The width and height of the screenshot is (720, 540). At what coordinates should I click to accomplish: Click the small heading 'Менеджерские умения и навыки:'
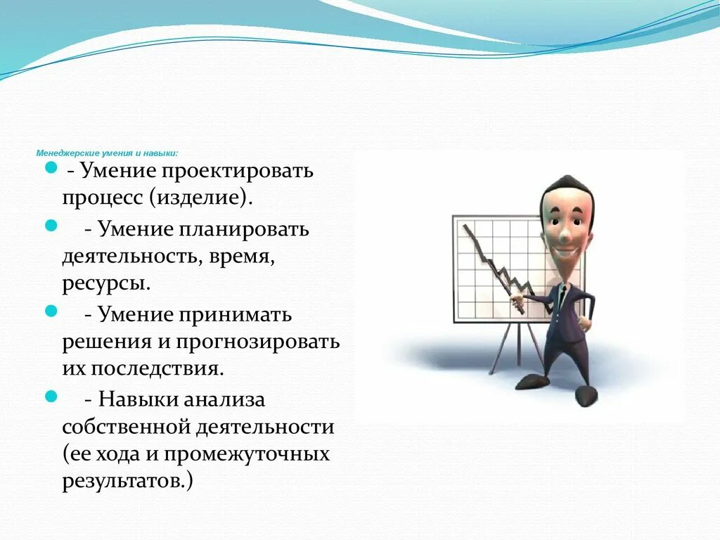107,153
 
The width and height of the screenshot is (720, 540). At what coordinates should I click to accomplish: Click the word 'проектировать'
238,172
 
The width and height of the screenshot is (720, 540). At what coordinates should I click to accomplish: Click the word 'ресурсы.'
105,284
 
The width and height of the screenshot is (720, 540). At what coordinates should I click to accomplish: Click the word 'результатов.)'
127,482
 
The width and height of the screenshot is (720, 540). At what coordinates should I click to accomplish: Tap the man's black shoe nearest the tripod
532,381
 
